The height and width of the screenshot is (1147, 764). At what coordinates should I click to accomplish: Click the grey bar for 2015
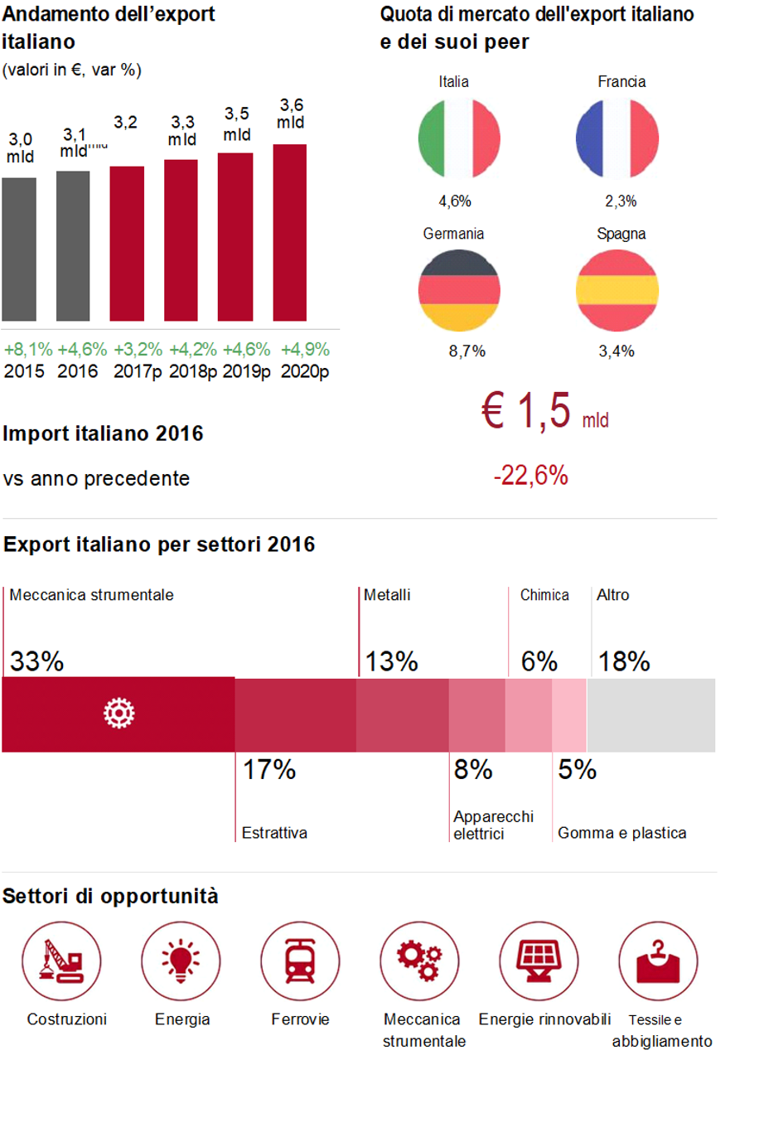click(19, 249)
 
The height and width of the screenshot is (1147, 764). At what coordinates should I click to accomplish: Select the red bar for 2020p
click(290, 232)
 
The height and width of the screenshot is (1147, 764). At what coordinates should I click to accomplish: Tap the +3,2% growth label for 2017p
click(138, 350)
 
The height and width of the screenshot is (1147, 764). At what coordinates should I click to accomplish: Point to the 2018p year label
click(192, 371)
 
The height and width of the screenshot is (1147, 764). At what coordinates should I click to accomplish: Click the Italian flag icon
click(459, 138)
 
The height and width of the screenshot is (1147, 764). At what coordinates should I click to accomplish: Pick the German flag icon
click(459, 290)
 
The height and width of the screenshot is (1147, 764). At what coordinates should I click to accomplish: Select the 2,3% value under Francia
click(621, 201)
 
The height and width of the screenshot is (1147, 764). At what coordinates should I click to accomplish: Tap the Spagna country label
click(621, 234)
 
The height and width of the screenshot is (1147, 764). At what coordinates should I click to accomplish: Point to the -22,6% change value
click(531, 476)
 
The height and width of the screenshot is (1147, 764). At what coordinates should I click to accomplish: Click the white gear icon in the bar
click(118, 714)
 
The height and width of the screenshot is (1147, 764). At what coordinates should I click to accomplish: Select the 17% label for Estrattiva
click(269, 770)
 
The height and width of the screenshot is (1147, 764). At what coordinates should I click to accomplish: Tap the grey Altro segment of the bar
click(650, 715)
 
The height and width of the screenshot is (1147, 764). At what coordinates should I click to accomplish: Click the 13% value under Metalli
click(391, 661)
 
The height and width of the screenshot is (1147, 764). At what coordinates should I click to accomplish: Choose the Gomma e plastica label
click(621, 833)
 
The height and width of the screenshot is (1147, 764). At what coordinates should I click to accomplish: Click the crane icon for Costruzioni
click(62, 961)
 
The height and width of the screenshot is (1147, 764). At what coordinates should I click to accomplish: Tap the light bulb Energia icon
click(181, 961)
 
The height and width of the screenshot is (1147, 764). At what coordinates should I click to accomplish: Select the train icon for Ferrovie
click(300, 961)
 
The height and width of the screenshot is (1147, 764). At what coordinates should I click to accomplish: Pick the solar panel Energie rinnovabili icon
click(539, 961)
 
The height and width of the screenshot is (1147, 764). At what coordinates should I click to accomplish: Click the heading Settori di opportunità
click(110, 897)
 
